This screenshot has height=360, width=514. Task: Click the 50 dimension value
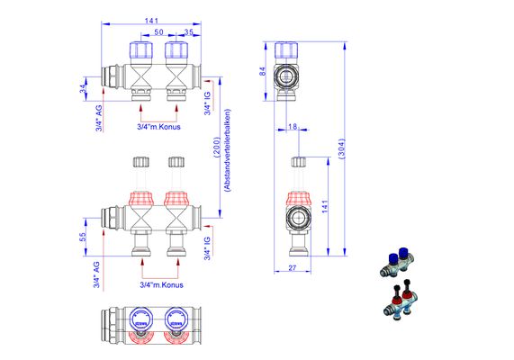tap(159, 32)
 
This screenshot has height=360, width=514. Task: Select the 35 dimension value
tap(189, 32)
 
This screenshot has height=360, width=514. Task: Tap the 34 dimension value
tap(83, 88)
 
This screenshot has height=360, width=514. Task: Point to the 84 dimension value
tap(263, 72)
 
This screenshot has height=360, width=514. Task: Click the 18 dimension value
tap(293, 126)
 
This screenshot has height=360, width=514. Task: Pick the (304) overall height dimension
tap(341, 148)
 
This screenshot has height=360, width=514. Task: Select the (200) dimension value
tap(217, 148)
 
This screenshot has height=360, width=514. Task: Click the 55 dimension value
tap(83, 237)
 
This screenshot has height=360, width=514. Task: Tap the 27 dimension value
tap(293, 268)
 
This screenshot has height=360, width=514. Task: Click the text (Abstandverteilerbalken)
tap(227, 149)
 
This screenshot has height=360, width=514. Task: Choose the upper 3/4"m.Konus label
tap(158, 127)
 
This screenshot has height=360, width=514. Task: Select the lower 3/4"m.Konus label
tap(162, 285)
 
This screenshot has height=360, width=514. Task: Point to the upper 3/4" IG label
tap(207, 103)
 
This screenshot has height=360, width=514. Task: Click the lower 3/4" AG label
tap(97, 274)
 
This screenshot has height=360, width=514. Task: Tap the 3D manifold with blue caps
tap(397, 263)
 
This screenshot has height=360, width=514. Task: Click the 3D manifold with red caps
tap(401, 300)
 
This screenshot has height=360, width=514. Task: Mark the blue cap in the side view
tap(286, 49)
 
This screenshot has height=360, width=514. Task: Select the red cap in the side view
tap(299, 199)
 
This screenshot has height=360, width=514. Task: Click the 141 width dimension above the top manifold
tap(151, 21)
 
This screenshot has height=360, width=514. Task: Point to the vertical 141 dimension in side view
tap(325, 206)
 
